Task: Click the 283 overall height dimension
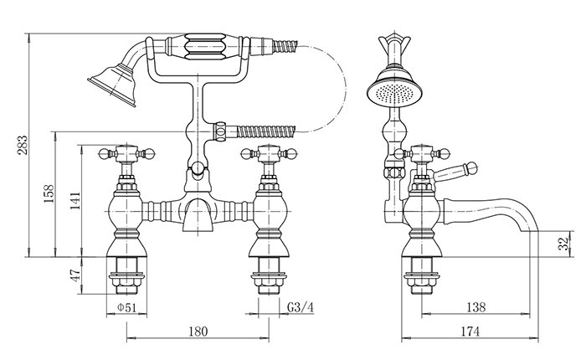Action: [x=22, y=145]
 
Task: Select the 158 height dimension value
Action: [x=49, y=193]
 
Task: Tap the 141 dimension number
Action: [x=75, y=201]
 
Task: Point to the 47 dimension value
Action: [x=75, y=275]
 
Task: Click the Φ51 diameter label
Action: [x=126, y=307]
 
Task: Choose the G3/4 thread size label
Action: [x=301, y=307]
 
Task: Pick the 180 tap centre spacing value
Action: [x=198, y=332]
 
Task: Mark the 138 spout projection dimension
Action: [x=476, y=307]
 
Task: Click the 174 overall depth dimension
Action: [x=470, y=332]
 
